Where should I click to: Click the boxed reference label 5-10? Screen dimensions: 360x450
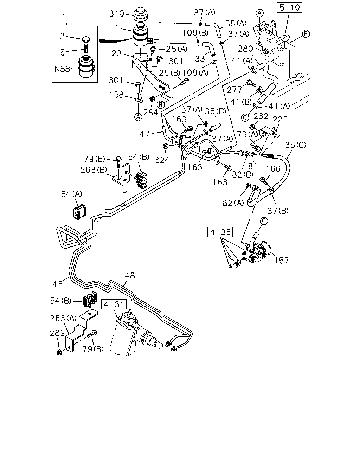tap(289, 7)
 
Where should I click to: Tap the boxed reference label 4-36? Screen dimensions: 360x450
tap(220, 232)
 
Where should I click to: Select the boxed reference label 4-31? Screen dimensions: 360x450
tap(114, 304)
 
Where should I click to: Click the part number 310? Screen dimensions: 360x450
tap(117, 14)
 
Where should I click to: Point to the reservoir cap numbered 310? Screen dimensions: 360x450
tap(141, 15)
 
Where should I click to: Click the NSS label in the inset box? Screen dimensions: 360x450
tap(62, 69)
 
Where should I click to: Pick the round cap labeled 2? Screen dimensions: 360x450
tap(85, 39)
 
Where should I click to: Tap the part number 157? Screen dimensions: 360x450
tap(281, 261)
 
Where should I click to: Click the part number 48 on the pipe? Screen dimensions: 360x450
tap(130, 276)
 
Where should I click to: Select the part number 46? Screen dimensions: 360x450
tap(58, 284)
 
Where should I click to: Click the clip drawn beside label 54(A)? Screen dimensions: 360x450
tap(79, 212)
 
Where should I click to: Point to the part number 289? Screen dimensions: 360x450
tap(57, 333)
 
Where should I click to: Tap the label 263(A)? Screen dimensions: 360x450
tap(63, 318)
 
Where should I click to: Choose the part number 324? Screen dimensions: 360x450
tap(162, 160)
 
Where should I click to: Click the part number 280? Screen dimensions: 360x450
tap(245, 49)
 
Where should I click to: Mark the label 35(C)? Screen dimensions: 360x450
tap(295, 145)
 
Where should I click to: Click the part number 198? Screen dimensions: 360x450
tap(116, 95)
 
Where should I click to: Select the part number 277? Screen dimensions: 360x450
tap(234, 90)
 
